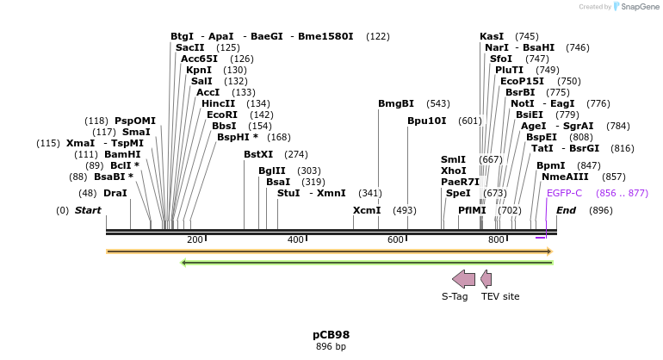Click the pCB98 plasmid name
tap(331, 335)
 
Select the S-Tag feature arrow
tap(463, 278)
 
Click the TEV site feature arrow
tap(486, 278)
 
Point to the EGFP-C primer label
tap(564, 193)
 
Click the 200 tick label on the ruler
tap(195, 239)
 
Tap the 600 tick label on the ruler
tap(395, 239)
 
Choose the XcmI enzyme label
tap(367, 210)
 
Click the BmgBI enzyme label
tap(396, 103)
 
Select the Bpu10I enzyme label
tap(427, 121)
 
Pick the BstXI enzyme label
tap(258, 154)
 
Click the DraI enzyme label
tap(115, 193)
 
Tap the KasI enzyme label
tap(492, 36)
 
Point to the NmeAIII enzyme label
tap(566, 177)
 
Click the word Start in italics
tap(88, 210)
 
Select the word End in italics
tap(567, 210)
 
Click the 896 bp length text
tap(331, 347)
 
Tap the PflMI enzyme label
tap(473, 210)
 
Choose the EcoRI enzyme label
tap(222, 115)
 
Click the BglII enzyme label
tap(272, 171)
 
